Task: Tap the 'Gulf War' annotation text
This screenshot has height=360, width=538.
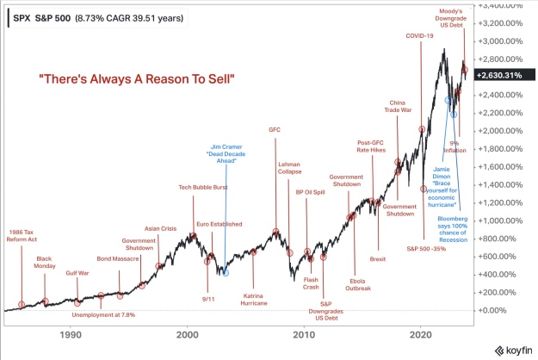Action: (77, 273)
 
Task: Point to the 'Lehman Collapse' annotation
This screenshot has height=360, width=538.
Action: (289, 168)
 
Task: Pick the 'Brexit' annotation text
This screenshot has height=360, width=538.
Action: (377, 258)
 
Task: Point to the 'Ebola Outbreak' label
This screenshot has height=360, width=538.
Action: (360, 283)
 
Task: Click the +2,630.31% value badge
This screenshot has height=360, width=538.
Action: (499, 76)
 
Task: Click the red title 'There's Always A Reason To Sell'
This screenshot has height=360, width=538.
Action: (138, 79)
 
